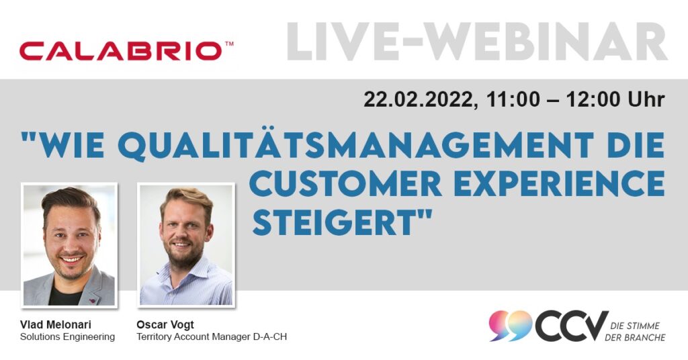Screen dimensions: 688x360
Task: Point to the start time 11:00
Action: click(513, 100)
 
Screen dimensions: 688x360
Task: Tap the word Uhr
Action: click(646, 100)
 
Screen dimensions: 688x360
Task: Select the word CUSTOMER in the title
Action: click(345, 183)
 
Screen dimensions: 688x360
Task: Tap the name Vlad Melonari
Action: click(56, 325)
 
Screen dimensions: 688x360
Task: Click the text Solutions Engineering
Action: click(68, 336)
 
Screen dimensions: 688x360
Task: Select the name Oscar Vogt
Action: click(165, 325)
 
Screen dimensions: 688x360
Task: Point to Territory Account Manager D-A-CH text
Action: click(212, 336)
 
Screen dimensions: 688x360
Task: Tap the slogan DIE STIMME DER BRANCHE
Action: click(635, 332)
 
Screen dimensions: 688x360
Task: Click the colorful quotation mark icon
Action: click(511, 325)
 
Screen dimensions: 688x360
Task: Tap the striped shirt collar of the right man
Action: click(184, 272)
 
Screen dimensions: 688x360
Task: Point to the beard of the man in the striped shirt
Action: click(184, 255)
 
